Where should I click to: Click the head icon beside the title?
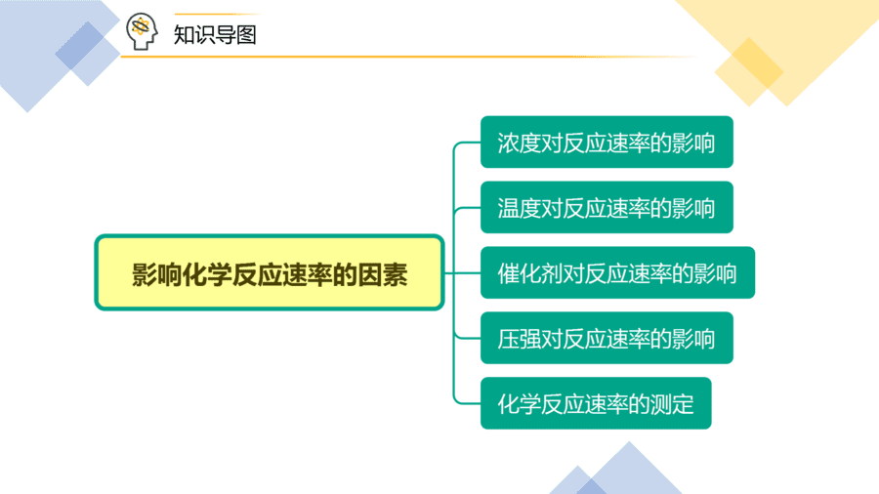(142, 31)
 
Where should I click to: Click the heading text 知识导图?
(215, 35)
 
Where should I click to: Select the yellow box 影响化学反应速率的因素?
(270, 272)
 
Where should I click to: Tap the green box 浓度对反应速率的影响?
(607, 142)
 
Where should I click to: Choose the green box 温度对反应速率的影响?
(607, 207)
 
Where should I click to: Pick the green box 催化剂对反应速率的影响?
(618, 272)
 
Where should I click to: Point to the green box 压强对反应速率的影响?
(607, 338)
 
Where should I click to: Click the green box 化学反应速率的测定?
(596, 403)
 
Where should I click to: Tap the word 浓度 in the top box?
(519, 143)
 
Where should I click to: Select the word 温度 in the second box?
(519, 208)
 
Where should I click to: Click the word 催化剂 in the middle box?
(529, 273)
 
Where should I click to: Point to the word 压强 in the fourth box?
(519, 339)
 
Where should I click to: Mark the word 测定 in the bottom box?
(672, 404)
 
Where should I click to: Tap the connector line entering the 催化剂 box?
(463, 272)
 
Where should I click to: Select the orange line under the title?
(409, 57)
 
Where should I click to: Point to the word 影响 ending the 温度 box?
(693, 208)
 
